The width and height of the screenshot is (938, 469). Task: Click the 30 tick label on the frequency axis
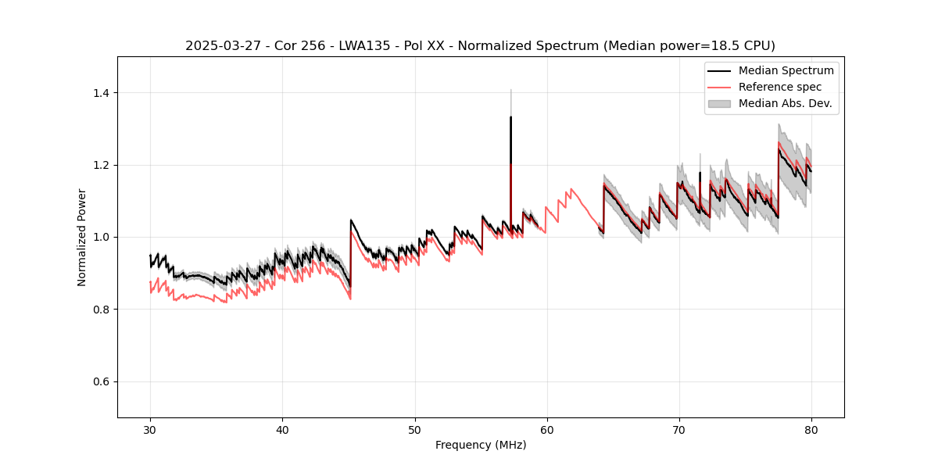(150, 429)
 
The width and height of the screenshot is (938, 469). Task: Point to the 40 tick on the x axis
(282, 429)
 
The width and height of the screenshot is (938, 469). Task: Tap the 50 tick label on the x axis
(414, 429)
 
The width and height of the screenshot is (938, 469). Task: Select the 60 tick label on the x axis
(546, 429)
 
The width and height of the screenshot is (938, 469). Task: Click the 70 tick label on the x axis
(678, 429)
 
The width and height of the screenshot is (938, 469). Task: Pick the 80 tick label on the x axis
(811, 429)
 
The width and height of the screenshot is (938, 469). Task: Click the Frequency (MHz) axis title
(481, 445)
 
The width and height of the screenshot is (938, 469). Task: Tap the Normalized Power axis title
(81, 237)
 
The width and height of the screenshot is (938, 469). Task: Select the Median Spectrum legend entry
(786, 70)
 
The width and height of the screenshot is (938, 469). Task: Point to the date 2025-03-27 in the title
(220, 45)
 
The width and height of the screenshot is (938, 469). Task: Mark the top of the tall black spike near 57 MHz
(510, 117)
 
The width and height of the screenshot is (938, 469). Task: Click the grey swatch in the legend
(719, 103)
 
